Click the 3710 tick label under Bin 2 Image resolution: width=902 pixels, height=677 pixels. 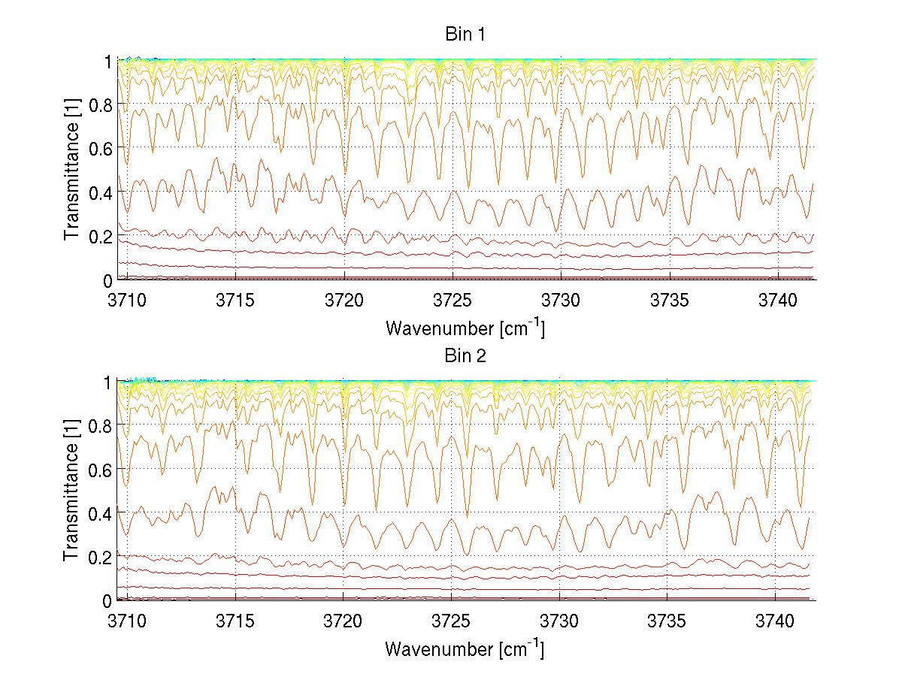click(127, 621)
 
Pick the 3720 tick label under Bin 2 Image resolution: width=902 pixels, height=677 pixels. click(344, 621)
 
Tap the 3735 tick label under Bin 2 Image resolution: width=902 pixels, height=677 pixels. click(668, 621)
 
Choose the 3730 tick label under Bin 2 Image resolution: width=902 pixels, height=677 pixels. click(560, 621)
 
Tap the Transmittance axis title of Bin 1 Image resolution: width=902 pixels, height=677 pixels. click(72, 170)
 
